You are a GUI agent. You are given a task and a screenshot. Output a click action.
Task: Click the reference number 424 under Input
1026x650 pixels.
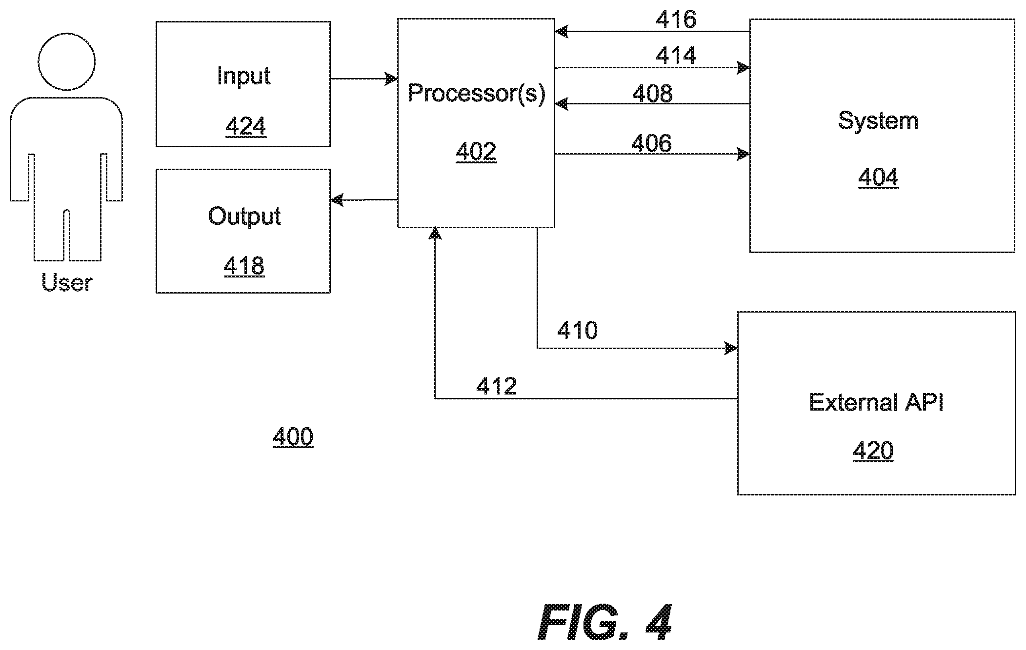tap(245, 126)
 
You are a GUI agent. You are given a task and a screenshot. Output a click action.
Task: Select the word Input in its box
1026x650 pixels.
tap(243, 77)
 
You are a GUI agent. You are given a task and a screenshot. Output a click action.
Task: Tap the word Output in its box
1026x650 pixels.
tap(244, 217)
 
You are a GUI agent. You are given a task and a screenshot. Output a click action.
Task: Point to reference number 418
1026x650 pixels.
tap(244, 266)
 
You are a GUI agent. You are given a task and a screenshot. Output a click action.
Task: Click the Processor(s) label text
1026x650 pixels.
tap(476, 93)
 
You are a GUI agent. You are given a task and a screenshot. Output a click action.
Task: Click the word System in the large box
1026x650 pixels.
tap(878, 121)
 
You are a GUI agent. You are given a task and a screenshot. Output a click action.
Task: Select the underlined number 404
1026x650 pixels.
tap(878, 177)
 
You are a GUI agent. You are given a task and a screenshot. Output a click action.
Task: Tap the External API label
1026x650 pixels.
tap(876, 402)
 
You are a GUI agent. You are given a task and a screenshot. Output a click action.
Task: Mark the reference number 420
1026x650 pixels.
tap(873, 451)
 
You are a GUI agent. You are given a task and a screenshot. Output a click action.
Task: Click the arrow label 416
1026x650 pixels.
tap(676, 20)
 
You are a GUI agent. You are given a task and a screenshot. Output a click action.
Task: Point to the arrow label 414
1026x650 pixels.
tap(676, 55)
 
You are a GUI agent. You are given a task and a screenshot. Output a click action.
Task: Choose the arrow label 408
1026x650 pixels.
tap(652, 93)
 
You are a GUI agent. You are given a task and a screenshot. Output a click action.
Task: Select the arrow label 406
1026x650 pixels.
tap(651, 143)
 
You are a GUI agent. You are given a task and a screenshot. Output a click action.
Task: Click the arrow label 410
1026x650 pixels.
tap(577, 330)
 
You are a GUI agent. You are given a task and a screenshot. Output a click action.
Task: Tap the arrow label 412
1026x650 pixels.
tap(496, 386)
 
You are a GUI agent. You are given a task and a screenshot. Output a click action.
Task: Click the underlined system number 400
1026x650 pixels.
tap(293, 436)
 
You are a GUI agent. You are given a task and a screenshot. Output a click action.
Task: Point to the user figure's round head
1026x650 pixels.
tap(66, 62)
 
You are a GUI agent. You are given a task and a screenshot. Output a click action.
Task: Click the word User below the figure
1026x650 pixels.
tap(66, 283)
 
